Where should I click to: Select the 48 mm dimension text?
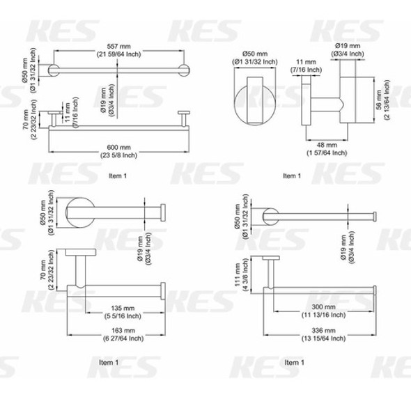point(325,144)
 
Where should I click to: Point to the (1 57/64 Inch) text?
point(325,153)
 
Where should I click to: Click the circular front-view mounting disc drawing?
point(254,102)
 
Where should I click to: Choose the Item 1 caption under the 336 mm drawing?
point(294,362)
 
